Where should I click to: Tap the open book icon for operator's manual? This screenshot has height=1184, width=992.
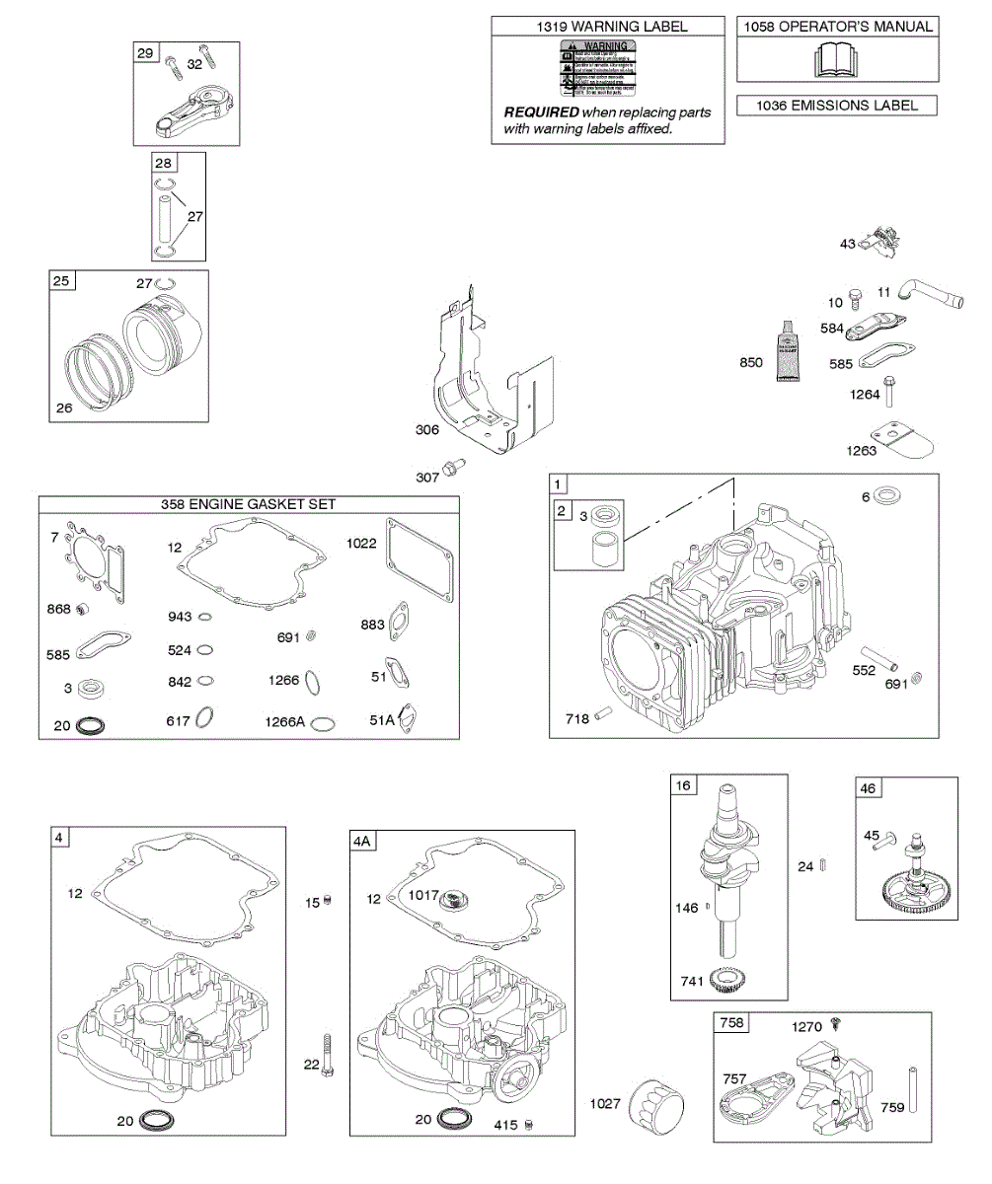[835, 60]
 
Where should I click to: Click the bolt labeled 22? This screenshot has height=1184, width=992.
[327, 1054]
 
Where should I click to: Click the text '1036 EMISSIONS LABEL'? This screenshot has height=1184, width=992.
[836, 106]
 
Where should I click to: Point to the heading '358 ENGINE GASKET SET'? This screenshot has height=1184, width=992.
[249, 504]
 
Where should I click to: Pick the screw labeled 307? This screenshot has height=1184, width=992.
[453, 465]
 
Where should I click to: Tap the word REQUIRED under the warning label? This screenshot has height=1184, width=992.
[541, 112]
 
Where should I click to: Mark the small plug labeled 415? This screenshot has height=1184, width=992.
[529, 1125]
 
